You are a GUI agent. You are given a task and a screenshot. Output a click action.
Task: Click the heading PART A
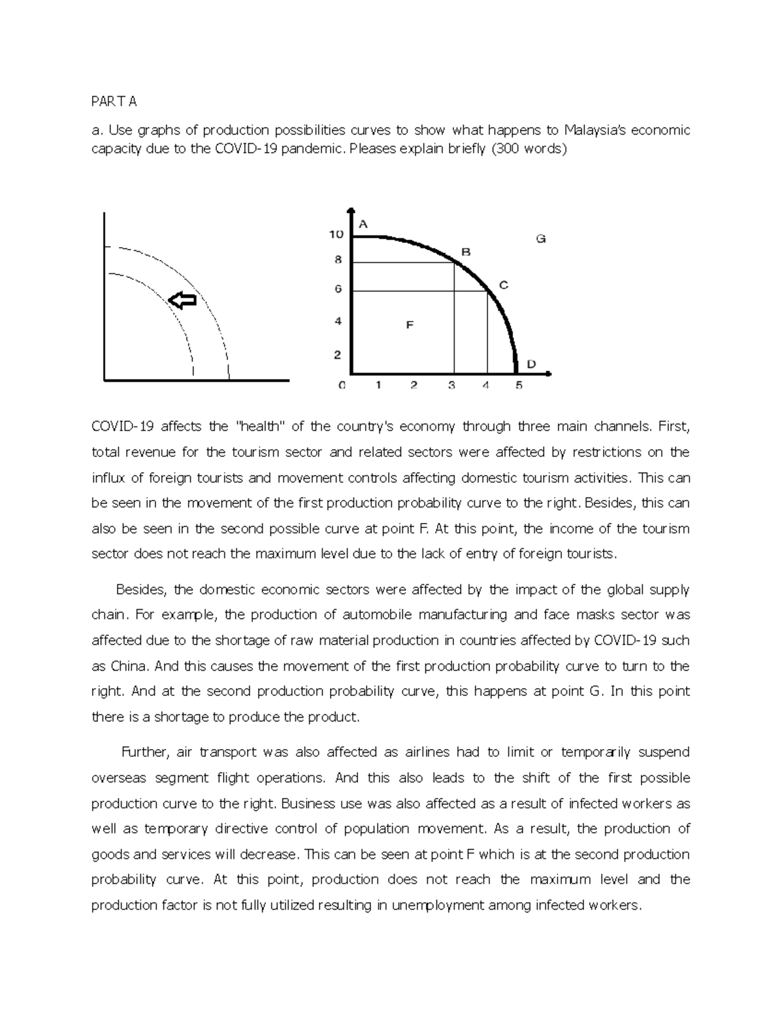coord(114,101)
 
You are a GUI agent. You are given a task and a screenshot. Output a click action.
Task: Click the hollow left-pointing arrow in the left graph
coord(182,300)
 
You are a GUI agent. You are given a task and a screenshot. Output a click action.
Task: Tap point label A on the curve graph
coord(364,224)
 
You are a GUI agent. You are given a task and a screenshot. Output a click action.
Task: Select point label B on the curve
coord(466,252)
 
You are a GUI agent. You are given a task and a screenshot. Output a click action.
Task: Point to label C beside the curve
coord(503,285)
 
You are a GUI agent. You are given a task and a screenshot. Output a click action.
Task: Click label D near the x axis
coord(531,364)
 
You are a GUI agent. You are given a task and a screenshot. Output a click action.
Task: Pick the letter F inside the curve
coord(410,324)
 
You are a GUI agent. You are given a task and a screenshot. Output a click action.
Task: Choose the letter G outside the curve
coord(541,239)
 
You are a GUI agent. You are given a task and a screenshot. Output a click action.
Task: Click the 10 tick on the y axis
coord(336,234)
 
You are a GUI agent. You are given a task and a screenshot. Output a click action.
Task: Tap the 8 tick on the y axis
coord(338,259)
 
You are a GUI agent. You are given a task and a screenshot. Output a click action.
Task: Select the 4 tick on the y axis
coord(338,321)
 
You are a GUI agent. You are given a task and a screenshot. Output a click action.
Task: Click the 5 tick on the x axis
coord(519,386)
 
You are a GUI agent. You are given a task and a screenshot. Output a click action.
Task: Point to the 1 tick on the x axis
coord(378,386)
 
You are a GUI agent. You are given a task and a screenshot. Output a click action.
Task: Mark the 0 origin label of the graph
coord(341,386)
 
